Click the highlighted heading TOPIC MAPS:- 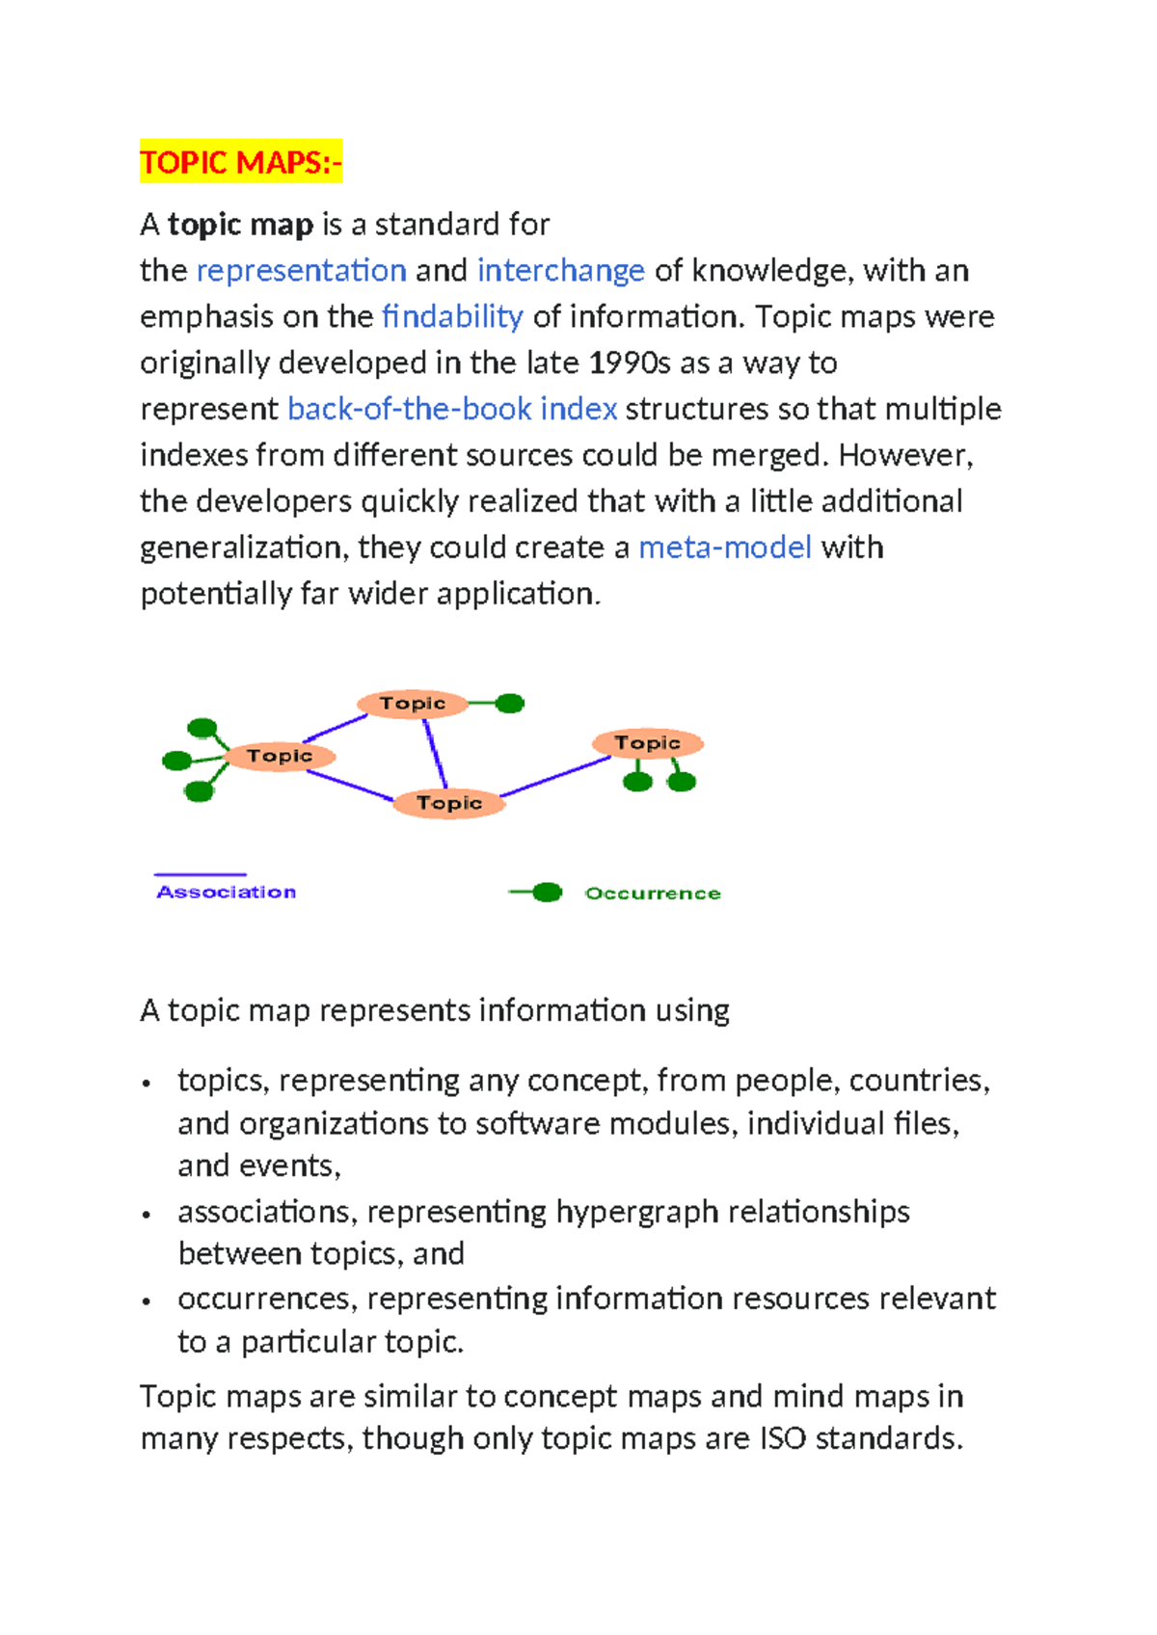240,162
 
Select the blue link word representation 301,271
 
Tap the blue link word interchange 560,271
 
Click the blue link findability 452,317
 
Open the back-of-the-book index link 452,410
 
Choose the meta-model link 725,548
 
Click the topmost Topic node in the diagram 413,704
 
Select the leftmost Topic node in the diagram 280,756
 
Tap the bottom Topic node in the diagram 449,803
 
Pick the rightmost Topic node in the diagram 648,743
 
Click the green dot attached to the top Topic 510,704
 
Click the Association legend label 227,893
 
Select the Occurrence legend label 653,894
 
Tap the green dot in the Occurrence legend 547,893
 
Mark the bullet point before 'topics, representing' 147,1084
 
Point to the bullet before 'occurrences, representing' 147,1301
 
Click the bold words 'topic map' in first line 241,225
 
